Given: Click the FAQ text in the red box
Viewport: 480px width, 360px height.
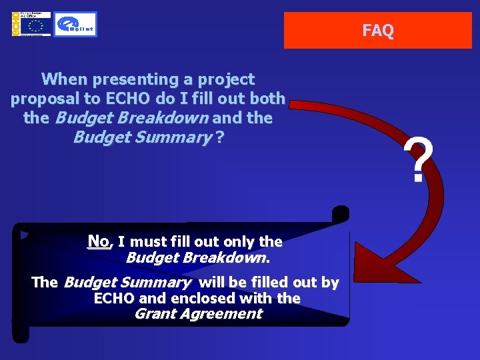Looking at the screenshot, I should click(378, 31).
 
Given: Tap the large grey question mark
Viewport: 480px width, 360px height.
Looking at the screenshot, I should click(418, 161).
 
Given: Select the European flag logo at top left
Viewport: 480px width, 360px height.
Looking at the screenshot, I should click(31, 25).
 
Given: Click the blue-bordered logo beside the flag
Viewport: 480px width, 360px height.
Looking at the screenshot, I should click(75, 25).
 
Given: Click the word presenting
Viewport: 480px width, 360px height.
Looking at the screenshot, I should click(132, 79).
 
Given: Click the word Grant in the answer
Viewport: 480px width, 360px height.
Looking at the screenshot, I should click(156, 313).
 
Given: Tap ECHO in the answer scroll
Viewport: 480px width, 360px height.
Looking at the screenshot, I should click(115, 298).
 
